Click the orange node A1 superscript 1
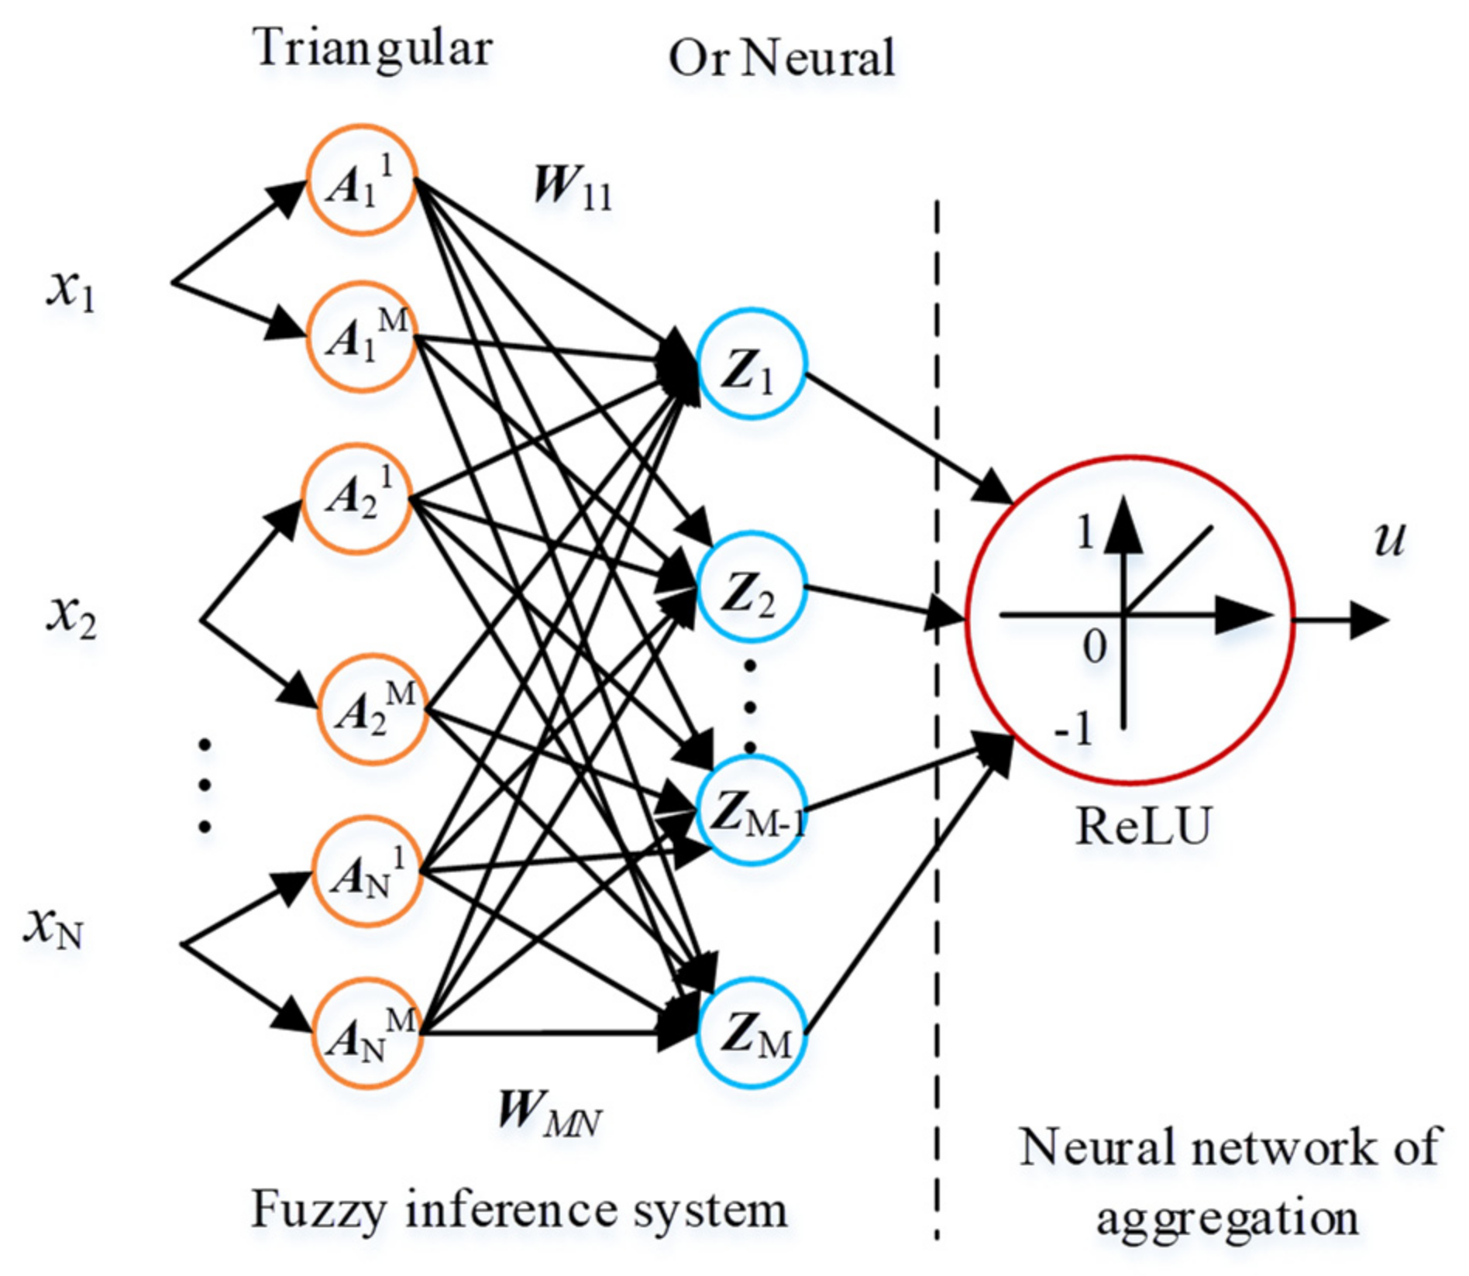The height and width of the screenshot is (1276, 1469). tap(361, 180)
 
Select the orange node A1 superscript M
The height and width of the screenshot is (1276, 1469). tap(361, 337)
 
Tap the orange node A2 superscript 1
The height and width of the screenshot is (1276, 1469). tap(356, 498)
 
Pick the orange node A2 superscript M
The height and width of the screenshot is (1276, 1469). tap(372, 709)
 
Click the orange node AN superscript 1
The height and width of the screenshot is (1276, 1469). tap(367, 872)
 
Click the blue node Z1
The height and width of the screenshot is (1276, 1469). tap(751, 364)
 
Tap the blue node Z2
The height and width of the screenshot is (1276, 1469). tap(751, 586)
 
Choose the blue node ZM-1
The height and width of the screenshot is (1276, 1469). tap(751, 811)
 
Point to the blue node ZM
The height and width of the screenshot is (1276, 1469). tap(751, 1033)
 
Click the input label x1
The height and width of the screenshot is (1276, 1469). tap(71, 291)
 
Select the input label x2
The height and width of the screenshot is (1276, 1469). tap(71, 616)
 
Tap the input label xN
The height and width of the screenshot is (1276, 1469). tap(54, 926)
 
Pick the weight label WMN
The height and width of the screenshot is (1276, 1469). tap(549, 1113)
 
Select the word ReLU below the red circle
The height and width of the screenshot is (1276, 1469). tap(1143, 827)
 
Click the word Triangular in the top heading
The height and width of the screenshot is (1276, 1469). tap(373, 48)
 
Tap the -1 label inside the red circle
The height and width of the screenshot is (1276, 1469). tap(1075, 729)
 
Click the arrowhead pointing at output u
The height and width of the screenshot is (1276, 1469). tap(1369, 621)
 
